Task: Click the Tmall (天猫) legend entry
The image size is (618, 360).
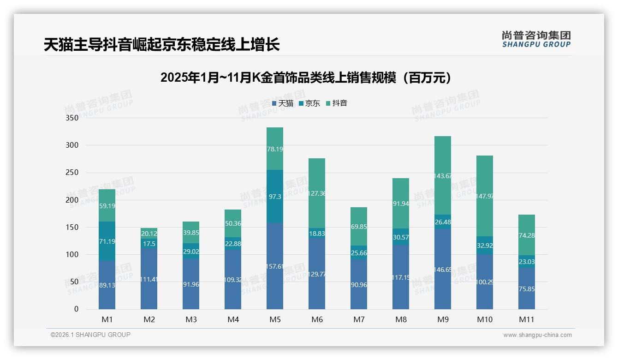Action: coord(283,103)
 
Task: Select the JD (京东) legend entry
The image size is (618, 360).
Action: coord(309,103)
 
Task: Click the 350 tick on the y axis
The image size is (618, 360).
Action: coord(72,118)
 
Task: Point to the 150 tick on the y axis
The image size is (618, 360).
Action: coord(72,227)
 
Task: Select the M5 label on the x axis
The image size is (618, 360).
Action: coord(275,319)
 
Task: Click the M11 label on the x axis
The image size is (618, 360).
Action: coord(527,319)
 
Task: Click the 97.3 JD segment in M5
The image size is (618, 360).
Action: coord(275,197)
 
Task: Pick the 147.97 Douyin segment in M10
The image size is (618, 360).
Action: coord(485,196)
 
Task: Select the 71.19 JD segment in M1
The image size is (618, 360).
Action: coord(107,241)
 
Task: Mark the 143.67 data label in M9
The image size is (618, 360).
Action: coord(443,176)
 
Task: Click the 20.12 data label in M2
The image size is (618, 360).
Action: coord(149,234)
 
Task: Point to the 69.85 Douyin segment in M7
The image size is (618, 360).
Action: coord(359,227)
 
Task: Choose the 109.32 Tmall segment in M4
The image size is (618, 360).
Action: coord(233,280)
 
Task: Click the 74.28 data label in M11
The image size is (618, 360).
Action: coord(527,235)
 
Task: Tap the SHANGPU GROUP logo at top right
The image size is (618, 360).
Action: coord(536,39)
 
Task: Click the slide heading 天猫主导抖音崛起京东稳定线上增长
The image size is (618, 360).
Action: coord(161,44)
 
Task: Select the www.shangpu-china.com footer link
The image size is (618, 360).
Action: coord(537,335)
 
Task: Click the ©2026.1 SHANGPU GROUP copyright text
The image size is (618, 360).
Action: coord(90,335)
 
